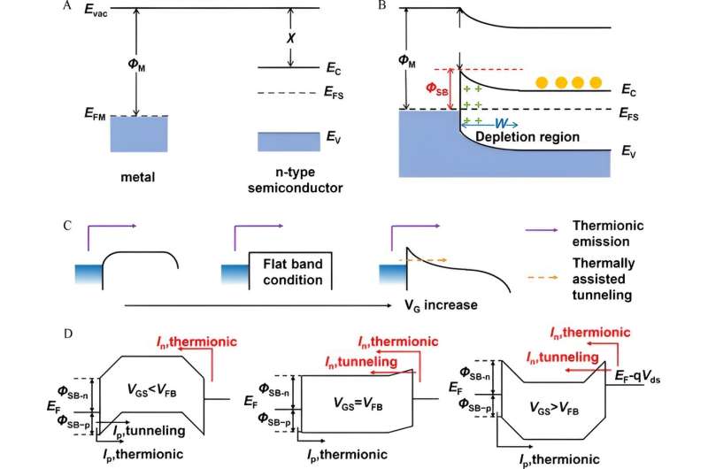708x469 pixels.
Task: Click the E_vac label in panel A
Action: pyautogui.click(x=87, y=12)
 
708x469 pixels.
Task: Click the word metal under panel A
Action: pyautogui.click(x=138, y=176)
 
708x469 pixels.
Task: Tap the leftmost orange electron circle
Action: pyautogui.click(x=541, y=83)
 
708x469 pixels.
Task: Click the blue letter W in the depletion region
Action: pyautogui.click(x=499, y=124)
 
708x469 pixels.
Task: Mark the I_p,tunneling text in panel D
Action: pyautogui.click(x=145, y=429)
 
